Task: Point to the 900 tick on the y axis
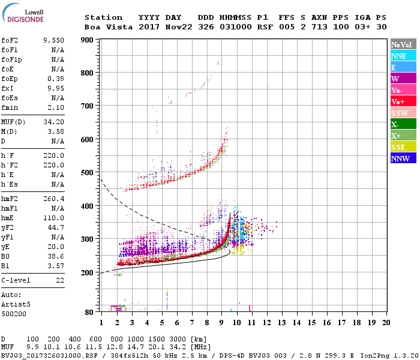[88, 40]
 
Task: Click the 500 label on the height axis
[88, 173]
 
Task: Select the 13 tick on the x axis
[282, 322]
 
